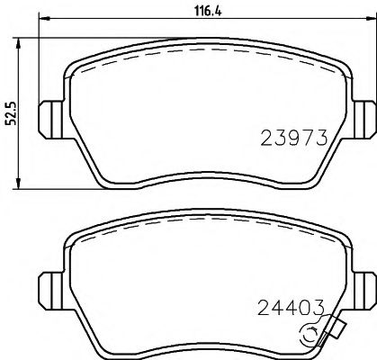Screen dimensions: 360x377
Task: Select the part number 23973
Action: tap(292, 137)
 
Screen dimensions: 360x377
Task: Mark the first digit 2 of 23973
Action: tap(265, 137)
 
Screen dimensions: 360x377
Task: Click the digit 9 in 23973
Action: tap(292, 137)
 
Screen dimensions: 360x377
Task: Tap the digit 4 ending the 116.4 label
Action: tap(195, 12)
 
